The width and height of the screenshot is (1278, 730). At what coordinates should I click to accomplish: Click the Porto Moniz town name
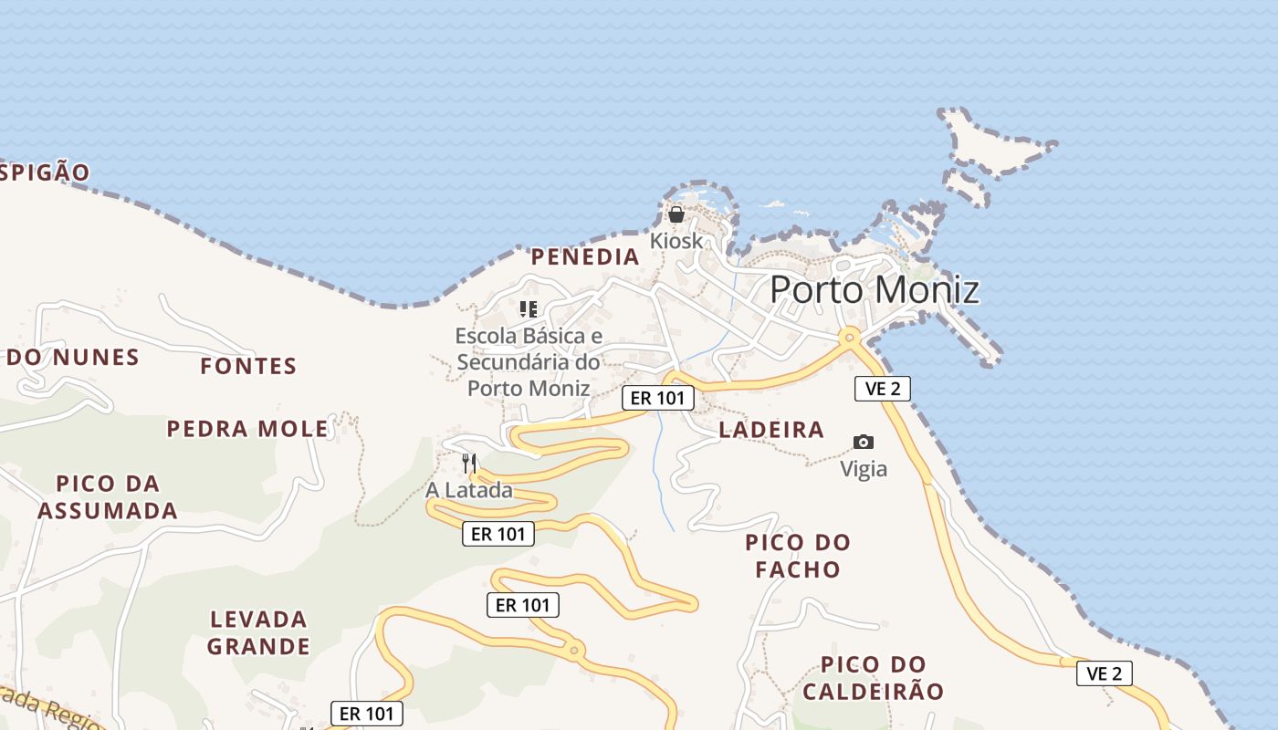tap(875, 290)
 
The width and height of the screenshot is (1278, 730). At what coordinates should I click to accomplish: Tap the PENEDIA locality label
tap(585, 257)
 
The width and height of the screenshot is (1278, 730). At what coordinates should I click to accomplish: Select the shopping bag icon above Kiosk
tap(676, 215)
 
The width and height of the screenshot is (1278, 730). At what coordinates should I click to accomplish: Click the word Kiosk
tap(676, 241)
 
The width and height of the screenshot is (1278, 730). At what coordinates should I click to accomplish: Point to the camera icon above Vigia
tap(863, 443)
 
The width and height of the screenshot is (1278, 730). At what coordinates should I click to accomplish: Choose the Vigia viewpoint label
tap(864, 469)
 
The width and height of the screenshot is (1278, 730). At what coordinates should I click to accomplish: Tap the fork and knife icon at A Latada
tap(469, 463)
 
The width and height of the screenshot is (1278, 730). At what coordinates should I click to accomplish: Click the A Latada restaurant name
tap(469, 490)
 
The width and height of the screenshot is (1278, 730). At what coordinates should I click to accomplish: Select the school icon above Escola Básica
tap(528, 309)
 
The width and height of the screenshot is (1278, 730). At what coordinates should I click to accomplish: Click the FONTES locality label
tap(248, 367)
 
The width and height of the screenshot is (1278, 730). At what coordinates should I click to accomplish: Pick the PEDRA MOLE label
tap(247, 429)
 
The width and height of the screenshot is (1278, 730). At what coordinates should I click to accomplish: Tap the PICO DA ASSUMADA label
tap(108, 497)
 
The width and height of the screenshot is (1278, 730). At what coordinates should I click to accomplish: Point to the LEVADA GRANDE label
tap(258, 633)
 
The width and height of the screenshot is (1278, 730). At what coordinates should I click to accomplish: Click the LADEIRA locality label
tap(771, 430)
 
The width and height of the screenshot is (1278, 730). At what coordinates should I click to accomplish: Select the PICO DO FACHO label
tap(798, 556)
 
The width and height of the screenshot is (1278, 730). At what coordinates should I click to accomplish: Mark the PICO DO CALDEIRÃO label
tap(873, 678)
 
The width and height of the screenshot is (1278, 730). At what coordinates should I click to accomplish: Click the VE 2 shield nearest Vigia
tap(882, 389)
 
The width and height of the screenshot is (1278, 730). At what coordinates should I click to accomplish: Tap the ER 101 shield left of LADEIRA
tap(658, 398)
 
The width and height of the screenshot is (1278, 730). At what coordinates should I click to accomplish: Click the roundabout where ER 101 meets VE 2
tap(850, 338)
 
